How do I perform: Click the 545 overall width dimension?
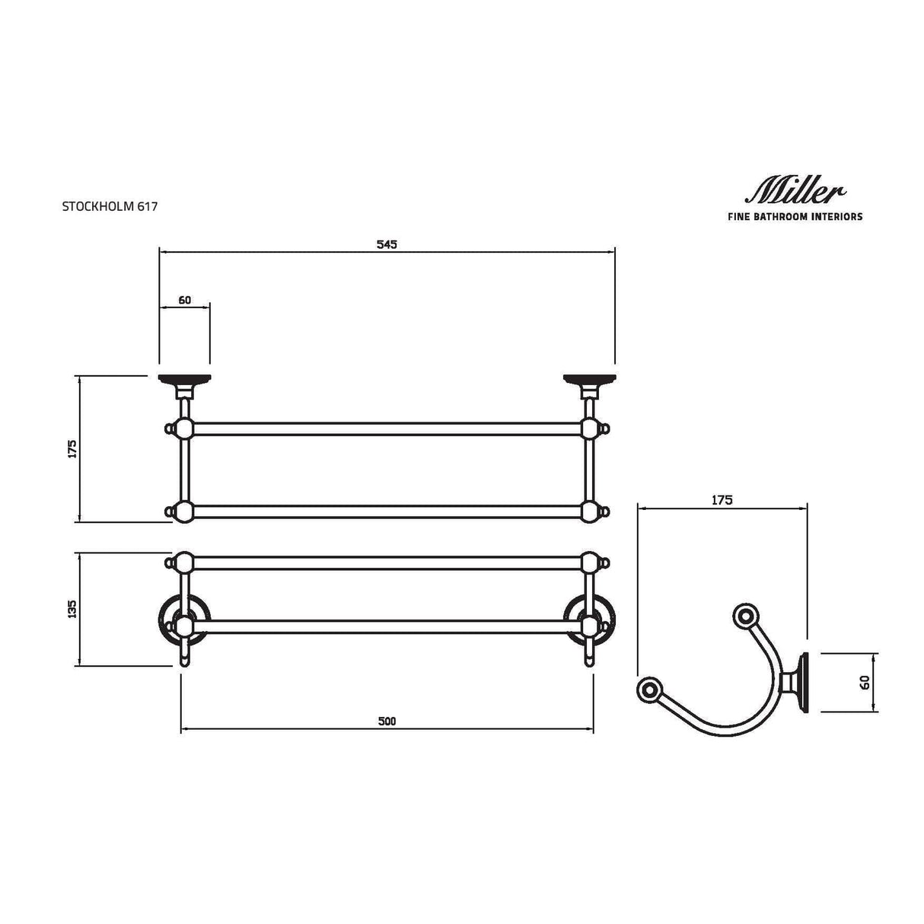tap(387, 244)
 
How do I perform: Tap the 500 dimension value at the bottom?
tap(387, 722)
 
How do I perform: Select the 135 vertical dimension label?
tap(72, 610)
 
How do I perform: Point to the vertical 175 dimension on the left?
tap(72, 448)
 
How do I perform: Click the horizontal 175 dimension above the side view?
tap(722, 500)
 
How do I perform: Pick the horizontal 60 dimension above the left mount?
tap(184, 300)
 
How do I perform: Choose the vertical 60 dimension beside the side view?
tap(865, 683)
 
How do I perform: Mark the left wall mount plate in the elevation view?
tap(183, 379)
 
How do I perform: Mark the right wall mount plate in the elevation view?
tap(588, 379)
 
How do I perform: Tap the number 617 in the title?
tap(148, 206)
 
